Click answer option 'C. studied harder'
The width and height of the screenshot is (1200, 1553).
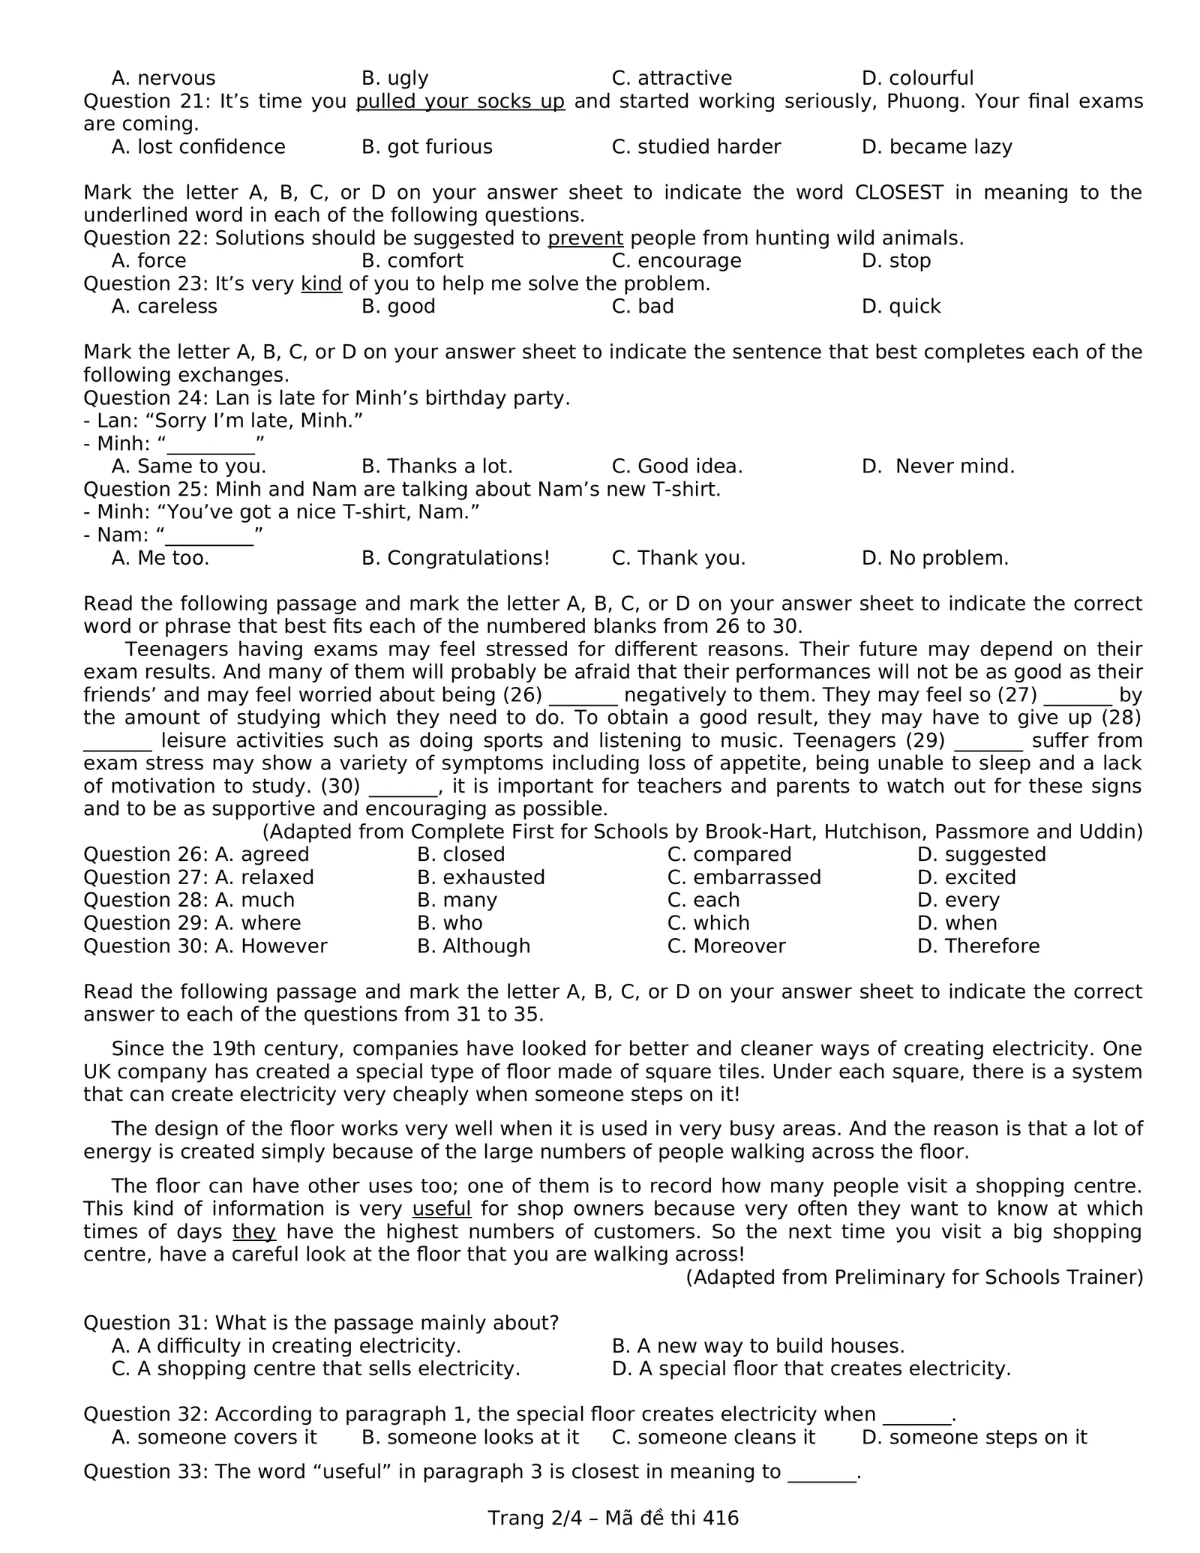(x=696, y=147)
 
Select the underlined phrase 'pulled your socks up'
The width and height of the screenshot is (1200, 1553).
(x=460, y=101)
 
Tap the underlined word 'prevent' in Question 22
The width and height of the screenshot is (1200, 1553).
(x=585, y=238)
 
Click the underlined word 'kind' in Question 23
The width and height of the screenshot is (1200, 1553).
(x=321, y=284)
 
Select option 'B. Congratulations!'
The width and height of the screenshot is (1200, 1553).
(x=455, y=558)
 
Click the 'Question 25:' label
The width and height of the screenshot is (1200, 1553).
(x=146, y=490)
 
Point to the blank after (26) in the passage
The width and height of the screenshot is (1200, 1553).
(x=583, y=695)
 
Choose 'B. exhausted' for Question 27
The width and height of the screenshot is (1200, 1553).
(x=481, y=877)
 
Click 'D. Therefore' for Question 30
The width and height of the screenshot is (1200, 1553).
(x=978, y=946)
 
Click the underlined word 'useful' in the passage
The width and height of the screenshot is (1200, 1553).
(x=442, y=1209)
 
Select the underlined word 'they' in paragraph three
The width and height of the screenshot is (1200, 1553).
(x=254, y=1231)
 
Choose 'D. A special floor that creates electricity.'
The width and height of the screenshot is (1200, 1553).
(x=811, y=1369)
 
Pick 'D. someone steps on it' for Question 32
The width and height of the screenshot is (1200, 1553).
(x=974, y=1437)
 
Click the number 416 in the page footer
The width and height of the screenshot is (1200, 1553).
(x=721, y=1519)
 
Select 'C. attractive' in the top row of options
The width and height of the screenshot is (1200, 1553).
(x=671, y=78)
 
